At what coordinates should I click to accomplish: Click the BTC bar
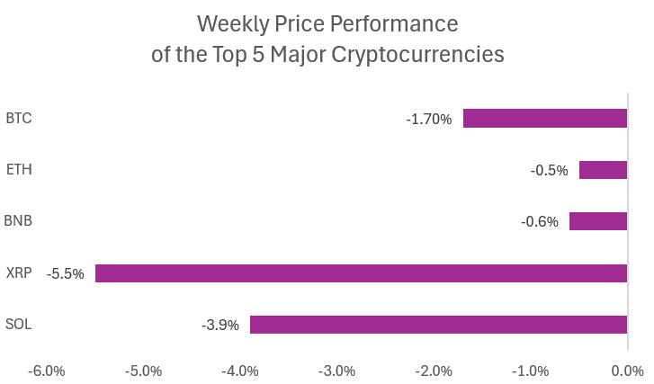544,118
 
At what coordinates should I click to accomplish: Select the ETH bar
603,170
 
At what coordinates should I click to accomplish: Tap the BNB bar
597,221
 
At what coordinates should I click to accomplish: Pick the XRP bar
361,273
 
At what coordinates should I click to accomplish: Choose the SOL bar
438,325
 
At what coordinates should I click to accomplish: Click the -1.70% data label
429,119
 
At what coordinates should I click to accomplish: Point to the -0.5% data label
549,170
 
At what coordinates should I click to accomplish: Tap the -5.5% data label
66,273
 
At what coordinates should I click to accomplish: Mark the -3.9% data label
220,325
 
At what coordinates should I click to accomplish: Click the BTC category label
19,118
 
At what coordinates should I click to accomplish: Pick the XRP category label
18,273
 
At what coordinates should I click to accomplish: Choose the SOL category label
18,325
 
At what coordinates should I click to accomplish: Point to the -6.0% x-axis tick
47,371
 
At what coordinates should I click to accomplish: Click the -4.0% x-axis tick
240,371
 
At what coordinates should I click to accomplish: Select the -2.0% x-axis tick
434,371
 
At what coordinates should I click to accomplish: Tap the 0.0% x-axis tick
627,371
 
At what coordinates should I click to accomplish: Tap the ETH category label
19,170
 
